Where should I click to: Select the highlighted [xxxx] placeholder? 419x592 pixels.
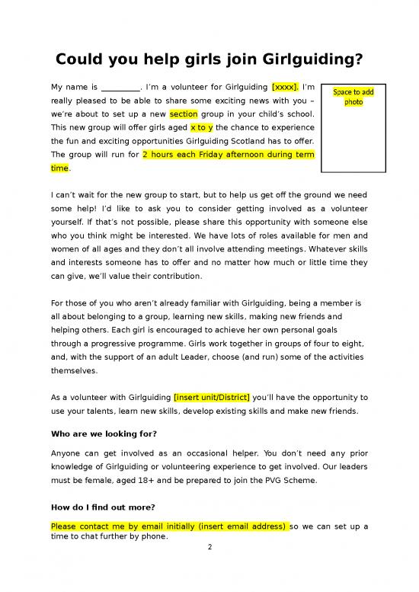[x=285, y=87]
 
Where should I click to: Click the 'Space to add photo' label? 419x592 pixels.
[x=353, y=96]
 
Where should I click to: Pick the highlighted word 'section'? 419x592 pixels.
[x=184, y=114]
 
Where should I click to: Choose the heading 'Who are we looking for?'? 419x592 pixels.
[x=104, y=434]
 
